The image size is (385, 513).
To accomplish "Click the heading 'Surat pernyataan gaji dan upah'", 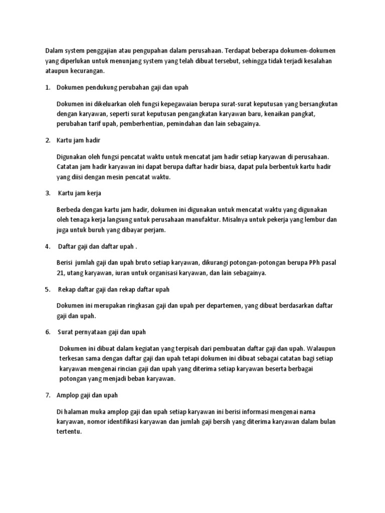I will tap(102, 332).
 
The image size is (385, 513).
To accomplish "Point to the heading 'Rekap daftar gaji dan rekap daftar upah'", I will tap(114, 289).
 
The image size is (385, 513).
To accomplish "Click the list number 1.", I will tap(47, 87).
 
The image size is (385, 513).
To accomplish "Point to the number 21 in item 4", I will tap(61, 273).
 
